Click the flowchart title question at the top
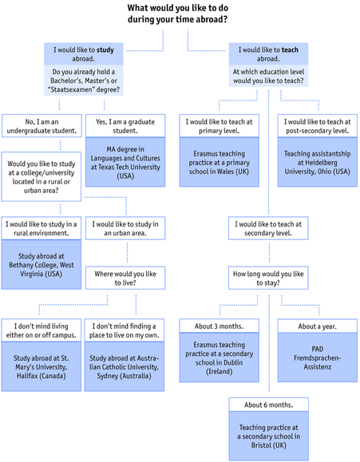(x=178, y=14)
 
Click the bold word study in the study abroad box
(x=105, y=50)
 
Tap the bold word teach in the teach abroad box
(x=290, y=50)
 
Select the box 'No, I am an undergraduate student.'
(x=42, y=126)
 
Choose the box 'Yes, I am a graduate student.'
(x=125, y=126)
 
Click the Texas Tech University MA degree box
(x=125, y=162)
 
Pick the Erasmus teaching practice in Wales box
(x=219, y=162)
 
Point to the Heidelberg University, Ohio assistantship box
(x=317, y=162)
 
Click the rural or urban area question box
(x=42, y=177)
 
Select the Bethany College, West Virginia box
(x=42, y=265)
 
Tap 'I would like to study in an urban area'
(x=125, y=228)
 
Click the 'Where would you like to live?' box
(x=125, y=278)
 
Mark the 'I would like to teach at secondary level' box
(x=268, y=228)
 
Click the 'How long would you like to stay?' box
(x=268, y=278)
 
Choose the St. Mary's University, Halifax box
(x=42, y=367)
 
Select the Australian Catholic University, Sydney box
(x=125, y=367)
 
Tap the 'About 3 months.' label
(x=219, y=326)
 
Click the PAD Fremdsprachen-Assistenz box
(x=317, y=357)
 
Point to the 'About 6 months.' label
(x=268, y=405)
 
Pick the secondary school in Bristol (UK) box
(x=268, y=436)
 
